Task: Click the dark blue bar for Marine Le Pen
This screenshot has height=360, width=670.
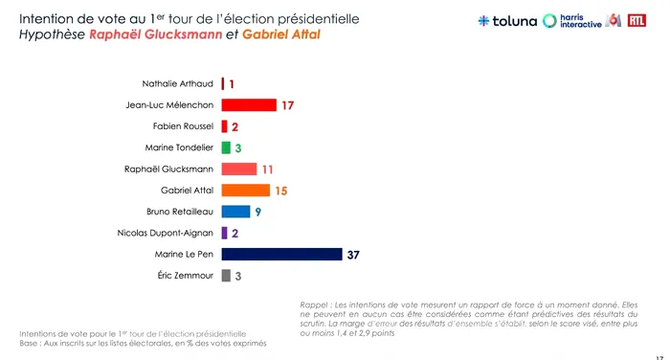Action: coord(281,254)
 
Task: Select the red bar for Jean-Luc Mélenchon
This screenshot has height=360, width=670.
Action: coord(249,104)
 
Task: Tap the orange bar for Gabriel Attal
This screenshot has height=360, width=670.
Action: coord(246,191)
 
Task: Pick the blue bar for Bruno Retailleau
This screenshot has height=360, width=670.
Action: coord(235,212)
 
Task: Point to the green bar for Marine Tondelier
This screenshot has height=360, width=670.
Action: coord(226,147)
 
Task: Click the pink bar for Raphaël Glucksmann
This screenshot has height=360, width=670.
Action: coord(239,169)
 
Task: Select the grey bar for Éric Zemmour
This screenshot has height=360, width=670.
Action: coord(226,276)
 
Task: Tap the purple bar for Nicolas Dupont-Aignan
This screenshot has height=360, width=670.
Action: coord(224,233)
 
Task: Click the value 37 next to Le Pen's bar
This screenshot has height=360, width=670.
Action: coord(353,255)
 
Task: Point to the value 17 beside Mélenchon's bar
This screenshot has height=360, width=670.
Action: coord(287,105)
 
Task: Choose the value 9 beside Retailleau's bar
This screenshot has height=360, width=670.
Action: coord(258,212)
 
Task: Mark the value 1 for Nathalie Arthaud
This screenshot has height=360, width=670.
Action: coord(232,84)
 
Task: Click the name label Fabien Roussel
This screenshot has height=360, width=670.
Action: coord(183,126)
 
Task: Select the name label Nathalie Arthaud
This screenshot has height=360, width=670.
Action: coord(177,84)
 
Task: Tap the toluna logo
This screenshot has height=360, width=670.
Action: coord(507,20)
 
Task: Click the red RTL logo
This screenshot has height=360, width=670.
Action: coord(636,20)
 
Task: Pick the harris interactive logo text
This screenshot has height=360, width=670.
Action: coord(581,21)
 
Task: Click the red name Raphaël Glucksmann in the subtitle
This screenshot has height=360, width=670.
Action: coord(155,34)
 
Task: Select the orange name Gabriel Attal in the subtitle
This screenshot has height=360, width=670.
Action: coord(281,34)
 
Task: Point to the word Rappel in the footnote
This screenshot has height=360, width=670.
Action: coord(314,305)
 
